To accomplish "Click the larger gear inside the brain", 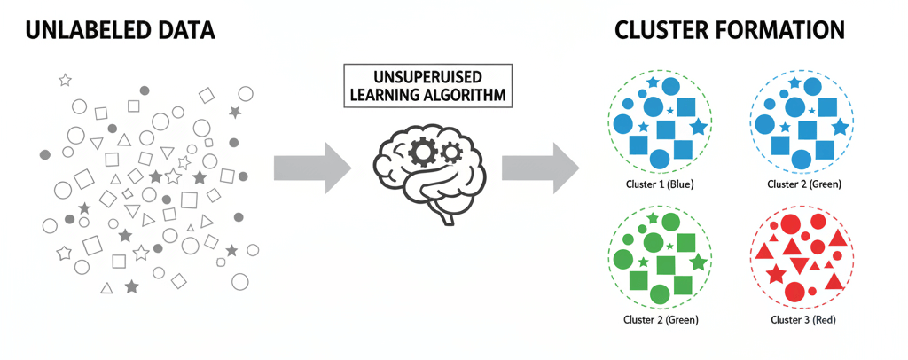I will point(424,152).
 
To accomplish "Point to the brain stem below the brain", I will point(441,213).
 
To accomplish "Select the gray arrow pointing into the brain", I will point(313,166).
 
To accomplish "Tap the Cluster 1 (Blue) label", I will point(657,184).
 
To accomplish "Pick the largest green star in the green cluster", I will point(698,262).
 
